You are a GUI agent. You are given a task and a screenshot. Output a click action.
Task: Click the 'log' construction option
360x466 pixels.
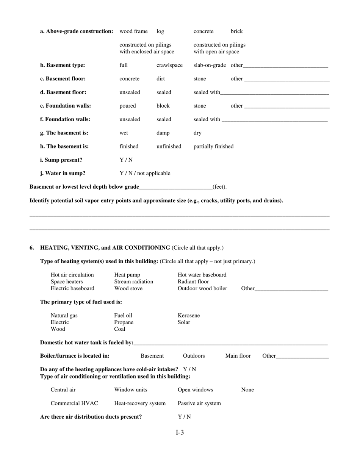(x=160, y=31)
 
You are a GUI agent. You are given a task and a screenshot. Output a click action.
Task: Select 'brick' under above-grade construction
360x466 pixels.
(x=236, y=31)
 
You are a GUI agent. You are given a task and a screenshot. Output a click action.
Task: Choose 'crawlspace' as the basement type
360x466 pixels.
(x=169, y=65)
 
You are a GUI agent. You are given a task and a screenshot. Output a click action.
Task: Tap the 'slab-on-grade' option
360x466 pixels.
(x=210, y=65)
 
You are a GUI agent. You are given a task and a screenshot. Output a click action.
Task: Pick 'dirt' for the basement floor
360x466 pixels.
(x=161, y=79)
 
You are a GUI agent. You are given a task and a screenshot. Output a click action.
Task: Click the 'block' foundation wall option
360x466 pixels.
(x=163, y=106)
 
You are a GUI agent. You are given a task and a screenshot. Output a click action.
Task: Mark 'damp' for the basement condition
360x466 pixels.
(x=163, y=133)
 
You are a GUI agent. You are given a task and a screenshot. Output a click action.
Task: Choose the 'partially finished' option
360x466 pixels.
(x=213, y=146)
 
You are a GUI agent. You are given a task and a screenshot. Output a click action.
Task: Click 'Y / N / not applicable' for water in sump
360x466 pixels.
(x=145, y=173)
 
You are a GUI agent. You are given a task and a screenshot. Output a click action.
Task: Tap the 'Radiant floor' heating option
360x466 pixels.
(x=193, y=281)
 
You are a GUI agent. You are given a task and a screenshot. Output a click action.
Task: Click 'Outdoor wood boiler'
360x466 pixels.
(x=202, y=288)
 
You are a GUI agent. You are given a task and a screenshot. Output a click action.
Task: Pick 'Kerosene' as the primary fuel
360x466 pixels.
(x=189, y=315)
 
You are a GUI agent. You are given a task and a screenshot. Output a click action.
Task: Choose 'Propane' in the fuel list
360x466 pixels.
(x=124, y=322)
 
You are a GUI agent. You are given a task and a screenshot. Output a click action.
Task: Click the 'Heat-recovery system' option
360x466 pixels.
(x=140, y=403)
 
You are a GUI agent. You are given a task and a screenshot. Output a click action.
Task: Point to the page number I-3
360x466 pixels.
(x=180, y=433)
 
